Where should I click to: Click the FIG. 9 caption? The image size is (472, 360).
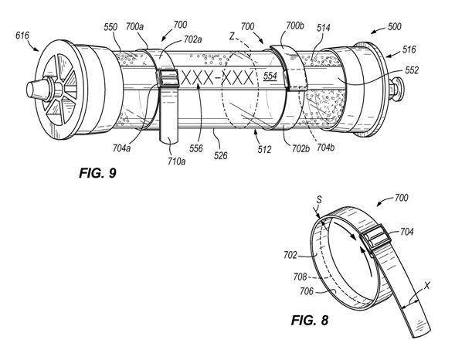click(x=97, y=173)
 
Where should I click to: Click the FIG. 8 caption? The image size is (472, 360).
click(x=310, y=320)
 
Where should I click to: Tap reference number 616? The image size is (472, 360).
click(x=22, y=36)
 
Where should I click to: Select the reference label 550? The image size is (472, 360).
click(x=110, y=27)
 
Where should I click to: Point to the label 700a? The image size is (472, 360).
click(x=134, y=26)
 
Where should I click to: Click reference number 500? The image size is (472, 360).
click(x=394, y=26)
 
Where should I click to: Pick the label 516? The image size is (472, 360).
click(x=409, y=49)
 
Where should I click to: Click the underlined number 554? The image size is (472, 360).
click(x=270, y=76)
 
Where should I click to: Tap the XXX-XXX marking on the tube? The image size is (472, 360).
click(x=217, y=78)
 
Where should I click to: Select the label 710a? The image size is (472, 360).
click(x=177, y=161)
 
